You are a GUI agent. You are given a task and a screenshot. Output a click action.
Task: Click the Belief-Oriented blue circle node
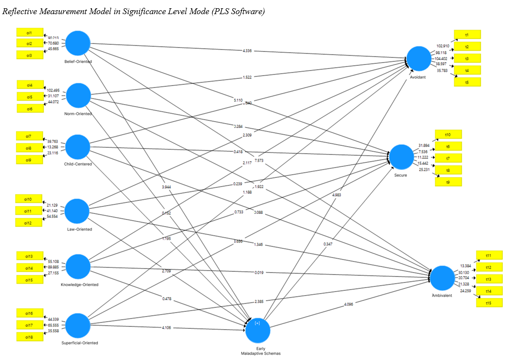pyautogui.click(x=78, y=43)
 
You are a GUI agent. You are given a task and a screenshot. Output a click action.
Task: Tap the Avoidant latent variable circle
pyautogui.click(x=419, y=58)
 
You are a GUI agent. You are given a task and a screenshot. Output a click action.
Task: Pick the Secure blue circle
pyautogui.click(x=402, y=156)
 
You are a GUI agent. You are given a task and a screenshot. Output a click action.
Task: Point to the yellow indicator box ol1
pyautogui.click(x=30, y=32)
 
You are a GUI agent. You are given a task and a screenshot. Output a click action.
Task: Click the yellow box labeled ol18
pyautogui.click(x=30, y=337)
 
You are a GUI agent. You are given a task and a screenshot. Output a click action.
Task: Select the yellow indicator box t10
pyautogui.click(x=448, y=134)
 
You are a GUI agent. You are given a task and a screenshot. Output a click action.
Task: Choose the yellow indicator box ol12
pyautogui.click(x=30, y=222)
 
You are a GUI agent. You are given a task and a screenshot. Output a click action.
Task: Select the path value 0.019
pyautogui.click(x=258, y=272)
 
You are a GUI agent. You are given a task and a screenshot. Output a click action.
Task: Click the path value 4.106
pyautogui.click(x=166, y=327)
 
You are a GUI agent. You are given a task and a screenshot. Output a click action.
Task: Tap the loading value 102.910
pyautogui.click(x=442, y=46)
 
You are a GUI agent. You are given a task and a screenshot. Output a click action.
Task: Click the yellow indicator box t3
pyautogui.click(x=467, y=58)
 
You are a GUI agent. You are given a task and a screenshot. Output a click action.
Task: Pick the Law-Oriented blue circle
pyautogui.click(x=77, y=211)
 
